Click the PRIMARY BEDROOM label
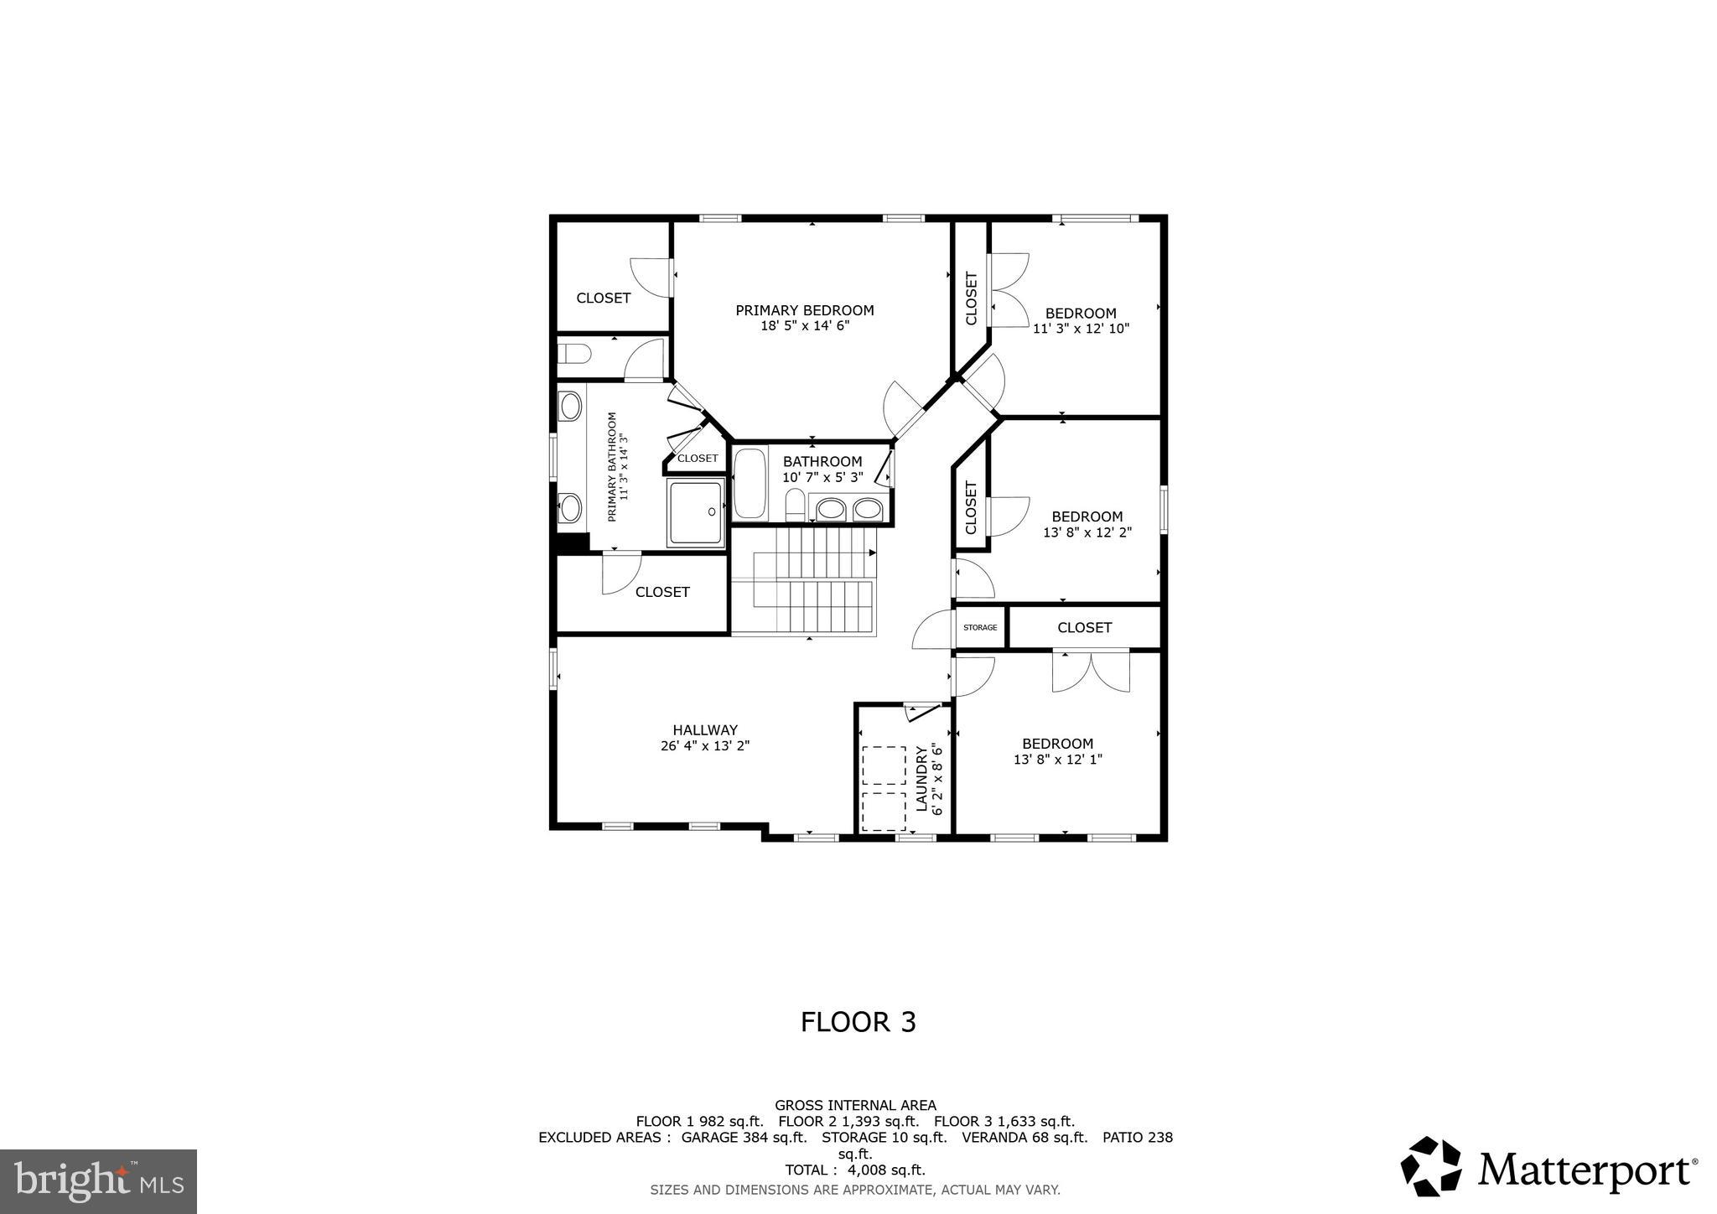click(804, 310)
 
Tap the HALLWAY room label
click(704, 730)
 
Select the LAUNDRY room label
click(921, 779)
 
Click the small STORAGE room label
click(979, 627)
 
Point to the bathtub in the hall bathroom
click(750, 484)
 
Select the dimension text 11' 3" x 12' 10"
click(1081, 329)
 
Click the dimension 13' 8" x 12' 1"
click(1057, 760)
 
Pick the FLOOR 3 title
click(858, 1022)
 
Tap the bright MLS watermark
click(98, 1182)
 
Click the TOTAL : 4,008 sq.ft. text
click(854, 1170)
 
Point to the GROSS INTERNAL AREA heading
click(855, 1105)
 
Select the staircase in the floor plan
click(803, 581)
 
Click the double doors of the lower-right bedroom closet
click(1091, 672)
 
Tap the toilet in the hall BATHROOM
click(795, 506)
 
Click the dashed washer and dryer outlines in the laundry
click(884, 788)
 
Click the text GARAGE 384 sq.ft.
click(744, 1138)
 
